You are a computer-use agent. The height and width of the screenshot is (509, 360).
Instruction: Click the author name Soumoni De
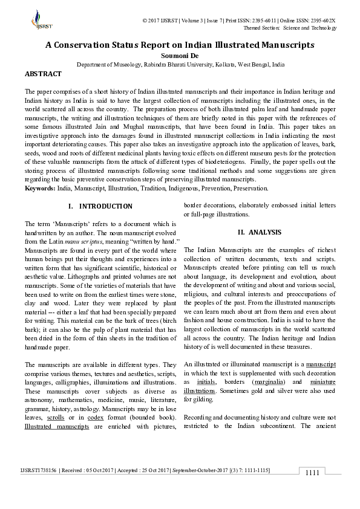pyautogui.click(x=180, y=55)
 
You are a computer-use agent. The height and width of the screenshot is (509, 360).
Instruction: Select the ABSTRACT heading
pyautogui.click(x=43, y=74)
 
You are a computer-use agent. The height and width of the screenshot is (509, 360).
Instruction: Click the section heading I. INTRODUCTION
pyautogui.click(x=100, y=206)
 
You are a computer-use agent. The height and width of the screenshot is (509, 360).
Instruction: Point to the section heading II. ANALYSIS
pyautogui.click(x=260, y=232)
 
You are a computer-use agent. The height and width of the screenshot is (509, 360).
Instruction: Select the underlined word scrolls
pyautogui.click(x=55, y=418)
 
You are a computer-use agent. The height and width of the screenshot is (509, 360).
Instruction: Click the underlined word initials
pyautogui.click(x=206, y=383)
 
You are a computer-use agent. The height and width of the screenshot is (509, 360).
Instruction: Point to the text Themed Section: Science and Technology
pyautogui.click(x=289, y=28)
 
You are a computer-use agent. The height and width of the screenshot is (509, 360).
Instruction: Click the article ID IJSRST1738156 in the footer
pyautogui.click(x=39, y=470)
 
